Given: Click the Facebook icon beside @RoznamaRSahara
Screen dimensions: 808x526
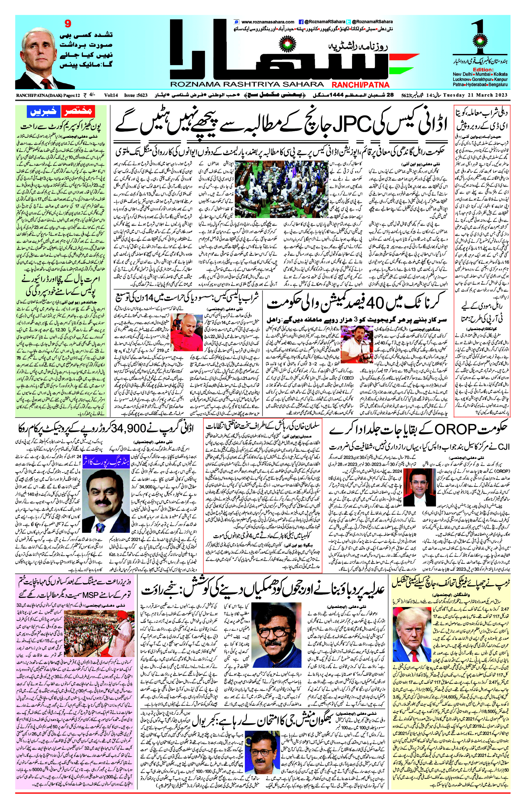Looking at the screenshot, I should pyautogui.click(x=301, y=22).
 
